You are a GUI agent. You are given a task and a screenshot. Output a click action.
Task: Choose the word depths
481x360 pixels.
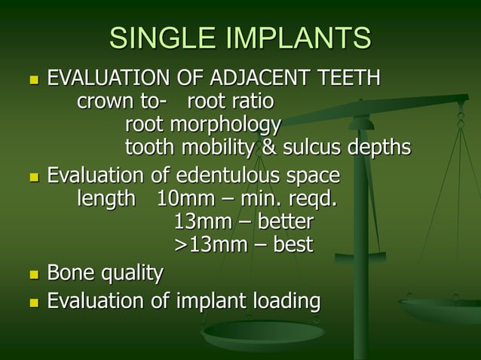pos(380,146)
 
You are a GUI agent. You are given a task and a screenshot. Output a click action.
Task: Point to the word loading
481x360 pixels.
pos(283,302)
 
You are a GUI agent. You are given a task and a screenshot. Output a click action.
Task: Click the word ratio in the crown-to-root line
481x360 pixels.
pos(253,101)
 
